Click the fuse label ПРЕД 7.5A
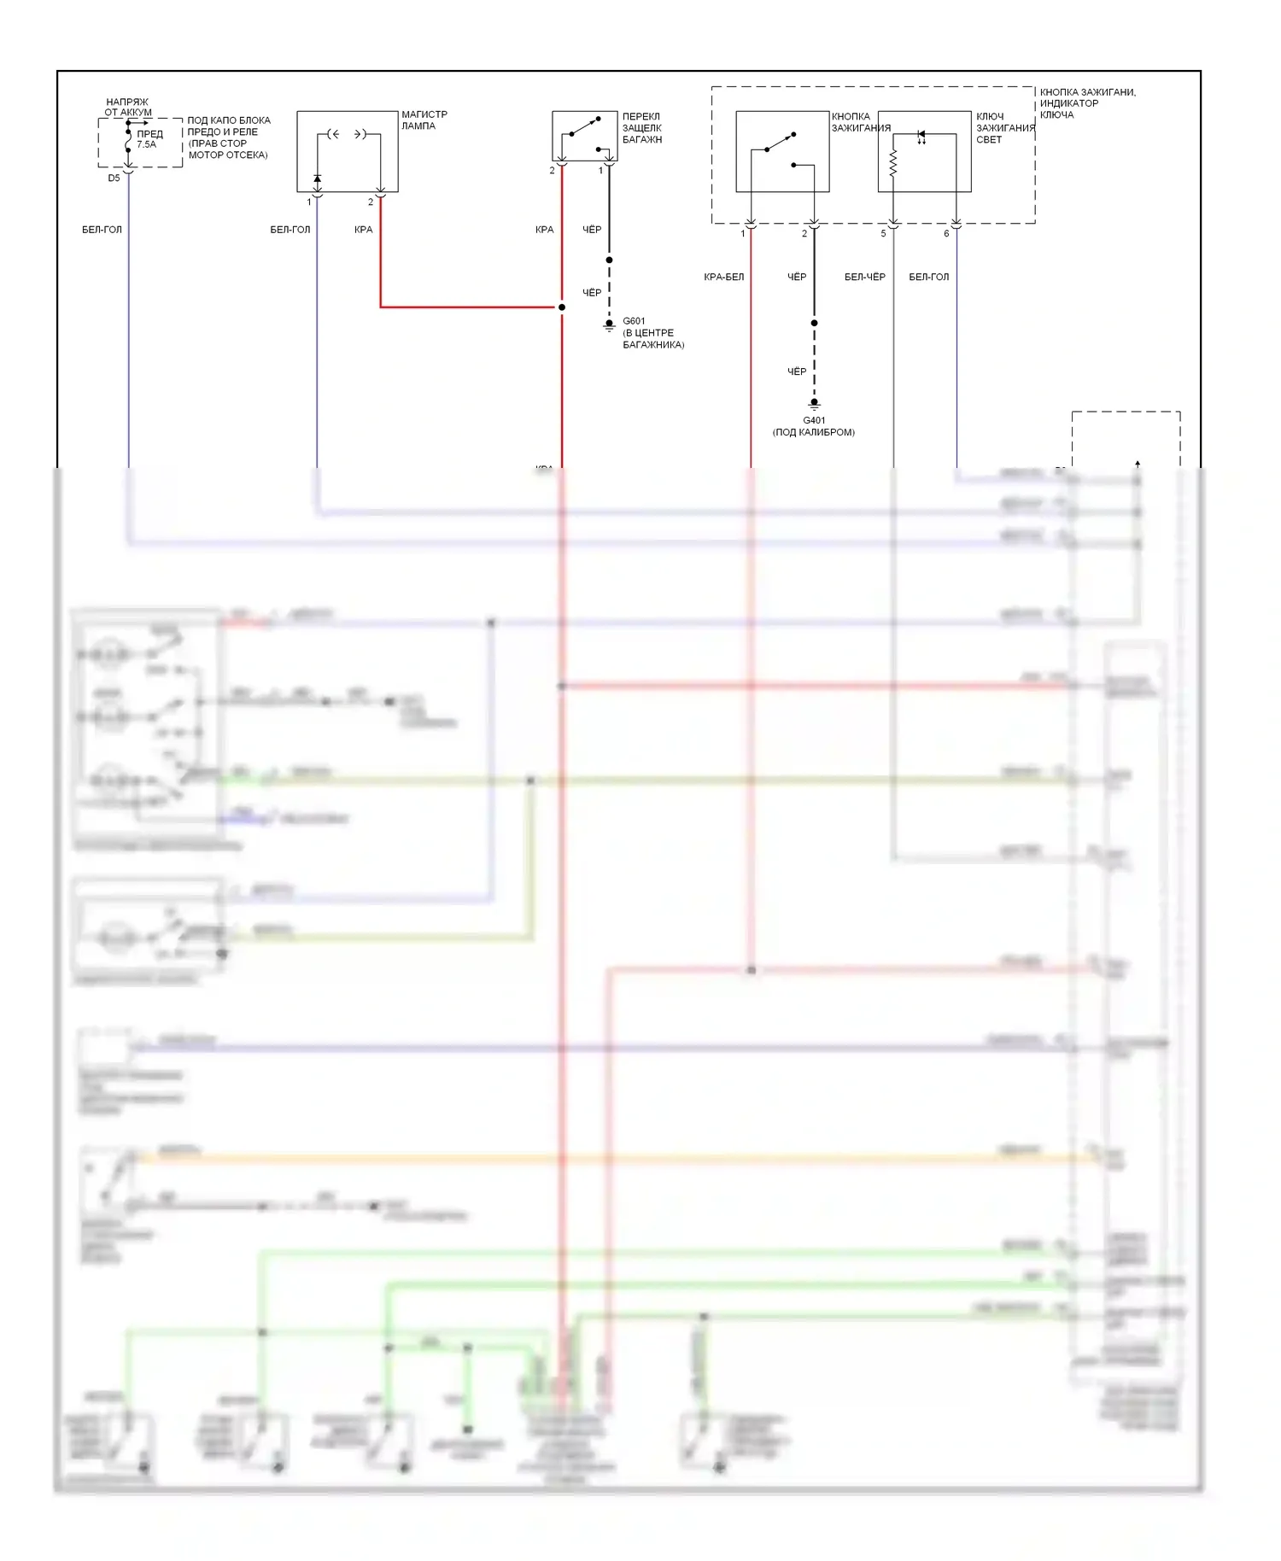(149, 139)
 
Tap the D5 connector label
(114, 178)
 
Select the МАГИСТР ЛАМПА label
(424, 120)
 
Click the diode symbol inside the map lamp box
(317, 178)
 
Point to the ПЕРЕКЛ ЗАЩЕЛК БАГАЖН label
(641, 128)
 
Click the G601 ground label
(634, 321)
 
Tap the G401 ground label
(814, 420)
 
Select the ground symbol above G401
(814, 404)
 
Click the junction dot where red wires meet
(561, 307)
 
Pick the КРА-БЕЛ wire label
(723, 277)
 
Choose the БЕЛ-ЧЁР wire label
(864, 277)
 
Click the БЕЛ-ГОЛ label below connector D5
(102, 230)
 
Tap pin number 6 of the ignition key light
(946, 234)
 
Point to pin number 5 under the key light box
(884, 234)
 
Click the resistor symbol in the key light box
(893, 163)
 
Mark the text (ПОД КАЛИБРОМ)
(813, 432)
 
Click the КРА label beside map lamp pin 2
(363, 230)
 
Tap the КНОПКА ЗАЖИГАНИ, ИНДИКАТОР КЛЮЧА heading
(1087, 103)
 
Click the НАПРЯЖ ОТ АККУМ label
(127, 107)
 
